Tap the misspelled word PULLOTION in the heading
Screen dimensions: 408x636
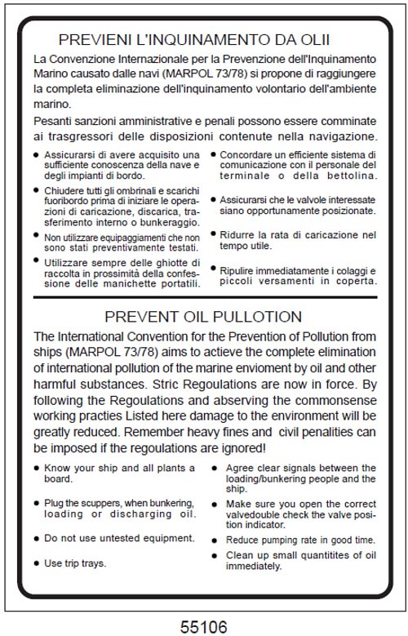point(255,316)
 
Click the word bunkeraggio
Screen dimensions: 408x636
point(162,222)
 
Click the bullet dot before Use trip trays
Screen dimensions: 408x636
point(35,563)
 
